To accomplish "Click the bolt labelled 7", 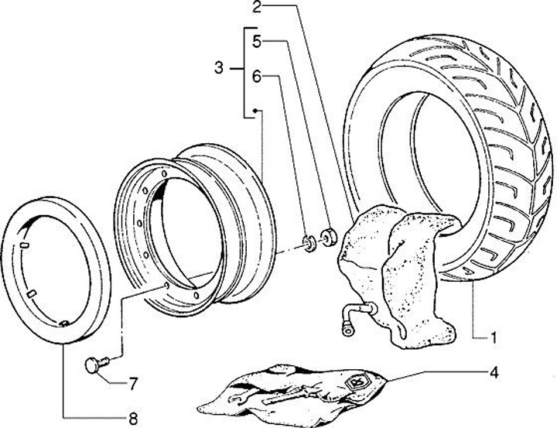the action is pos(95,363).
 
